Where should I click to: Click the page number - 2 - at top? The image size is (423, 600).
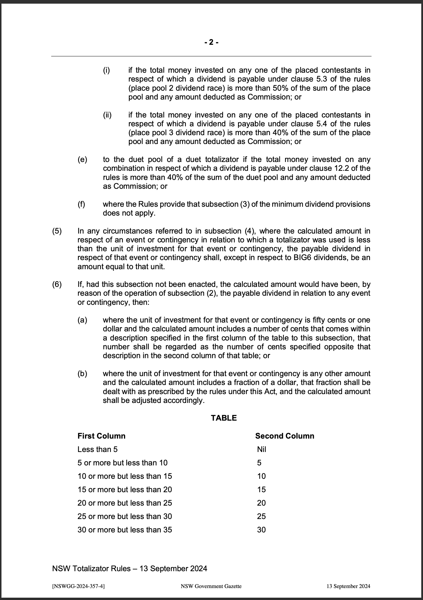(211, 42)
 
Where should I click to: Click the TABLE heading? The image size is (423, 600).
(224, 418)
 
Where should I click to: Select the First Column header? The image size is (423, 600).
(101, 436)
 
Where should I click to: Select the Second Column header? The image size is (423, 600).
(284, 436)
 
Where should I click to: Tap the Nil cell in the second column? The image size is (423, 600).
(261, 449)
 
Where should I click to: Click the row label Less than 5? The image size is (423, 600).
(97, 449)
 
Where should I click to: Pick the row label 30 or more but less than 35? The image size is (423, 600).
(125, 530)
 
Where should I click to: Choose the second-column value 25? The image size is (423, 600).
(261, 516)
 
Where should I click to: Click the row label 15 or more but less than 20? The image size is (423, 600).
(125, 490)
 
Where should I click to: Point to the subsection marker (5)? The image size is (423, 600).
(57, 231)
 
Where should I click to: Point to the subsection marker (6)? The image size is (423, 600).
(57, 284)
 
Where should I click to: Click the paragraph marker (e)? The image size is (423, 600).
(82, 160)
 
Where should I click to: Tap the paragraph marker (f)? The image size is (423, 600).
(82, 204)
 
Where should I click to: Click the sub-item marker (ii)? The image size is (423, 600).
(107, 115)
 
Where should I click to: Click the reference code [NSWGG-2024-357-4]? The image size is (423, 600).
(78, 586)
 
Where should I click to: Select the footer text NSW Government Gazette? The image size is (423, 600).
(211, 586)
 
